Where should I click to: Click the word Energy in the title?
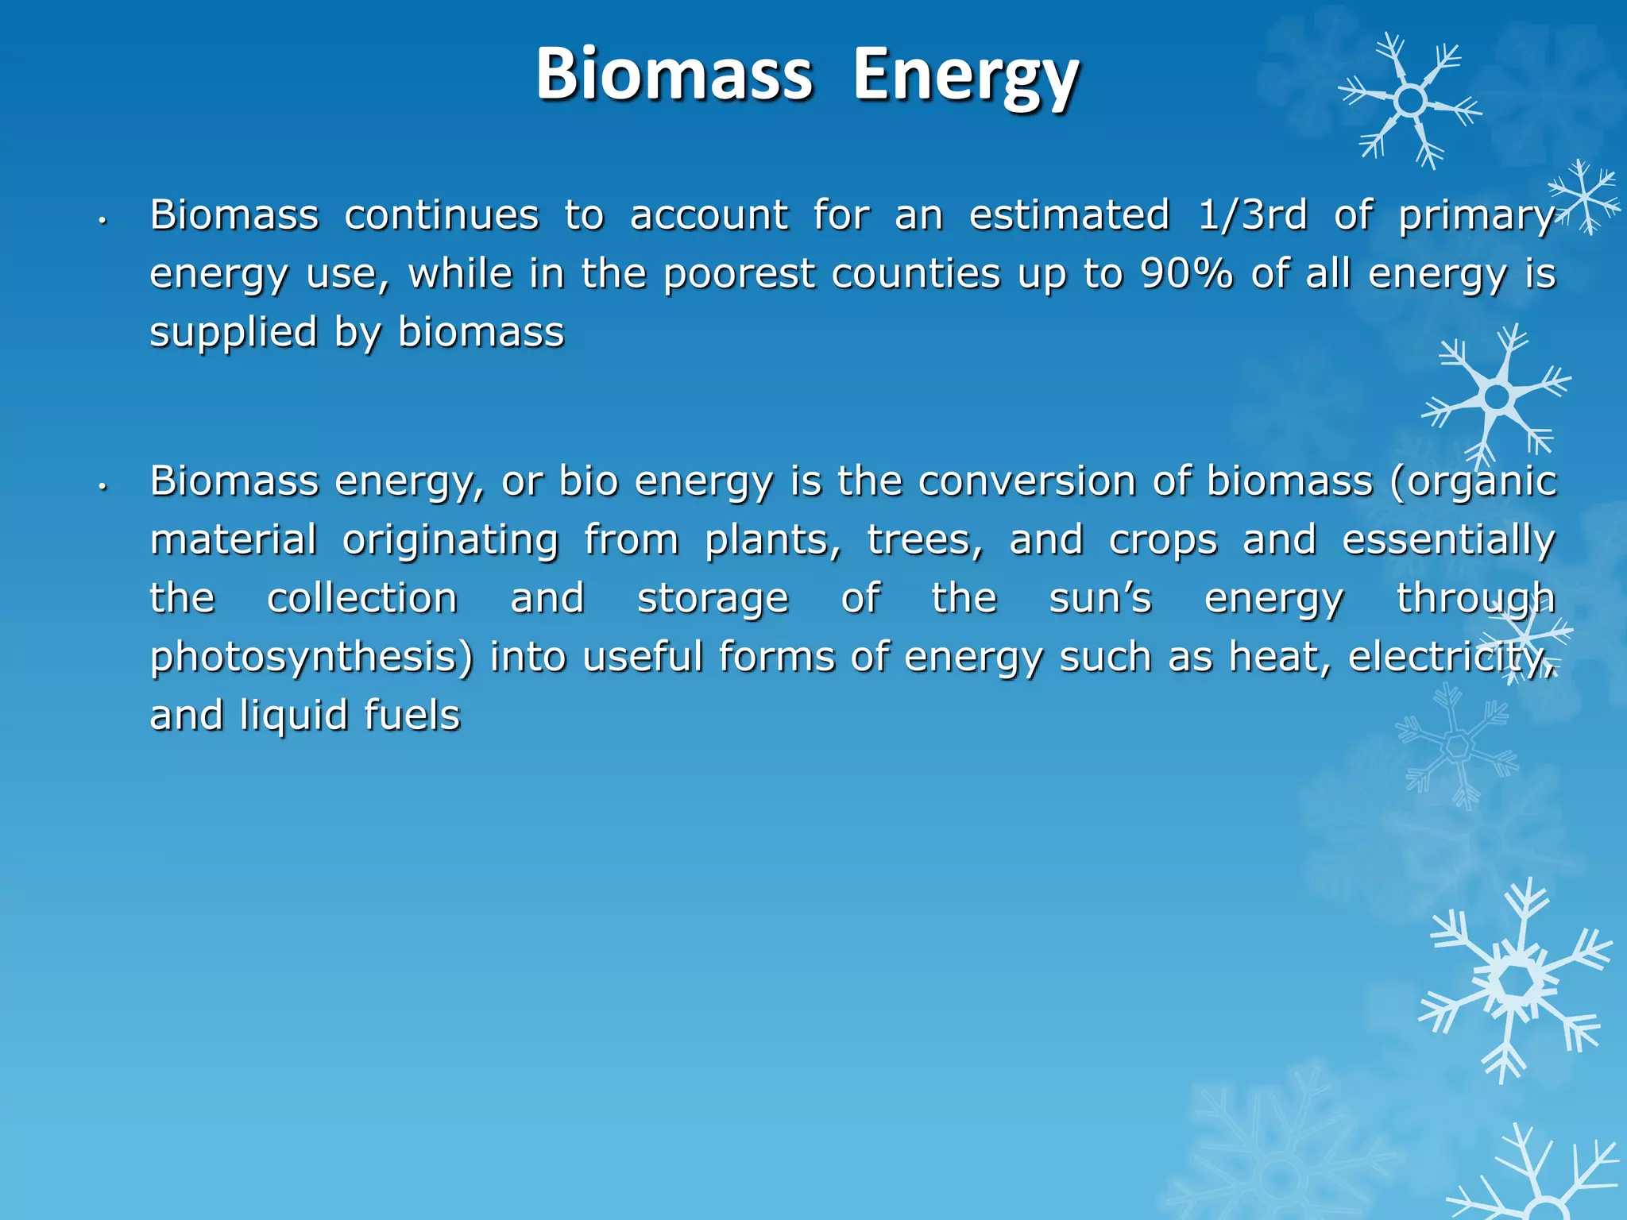(x=965, y=75)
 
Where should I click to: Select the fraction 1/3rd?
(x=1252, y=214)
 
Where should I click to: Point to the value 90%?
(x=1186, y=274)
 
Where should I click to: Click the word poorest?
(x=738, y=274)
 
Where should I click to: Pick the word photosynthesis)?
(x=311, y=658)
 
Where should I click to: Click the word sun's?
(x=1099, y=598)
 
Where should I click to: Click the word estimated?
(x=1069, y=214)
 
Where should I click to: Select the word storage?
(x=713, y=599)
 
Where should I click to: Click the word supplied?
(x=234, y=333)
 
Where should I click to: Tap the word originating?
(x=450, y=541)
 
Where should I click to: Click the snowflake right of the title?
(x=1410, y=101)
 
